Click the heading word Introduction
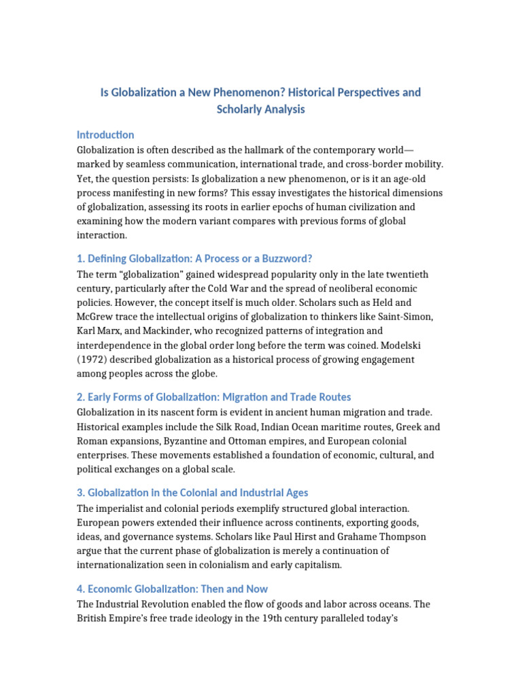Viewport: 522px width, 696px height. pyautogui.click(x=105, y=135)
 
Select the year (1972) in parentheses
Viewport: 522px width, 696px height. pyautogui.click(x=96, y=359)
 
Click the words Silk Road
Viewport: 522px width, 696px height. pyautogui.click(x=225, y=427)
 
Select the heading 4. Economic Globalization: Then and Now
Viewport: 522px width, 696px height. pyautogui.click(x=173, y=589)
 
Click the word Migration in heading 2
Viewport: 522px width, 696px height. pyautogui.click(x=254, y=397)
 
